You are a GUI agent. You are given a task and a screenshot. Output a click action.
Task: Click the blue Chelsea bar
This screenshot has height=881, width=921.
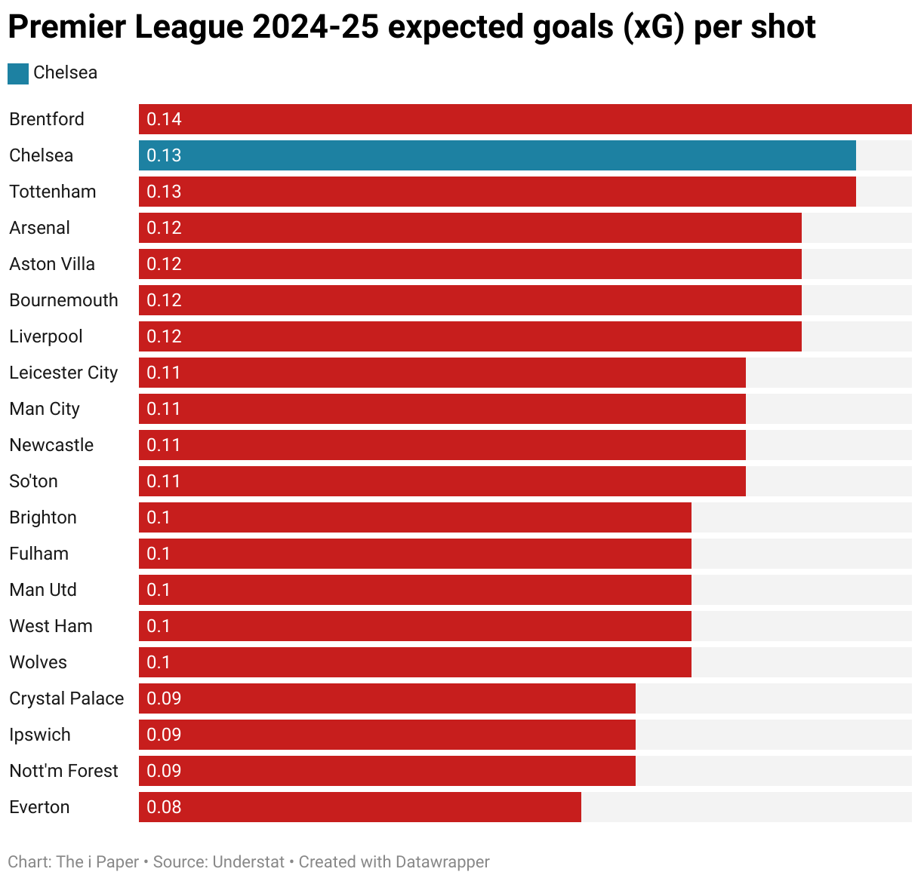[497, 155]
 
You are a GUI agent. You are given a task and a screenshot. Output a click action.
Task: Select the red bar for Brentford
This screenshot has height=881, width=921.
[525, 119]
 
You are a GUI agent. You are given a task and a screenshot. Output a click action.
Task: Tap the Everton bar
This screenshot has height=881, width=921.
[359, 807]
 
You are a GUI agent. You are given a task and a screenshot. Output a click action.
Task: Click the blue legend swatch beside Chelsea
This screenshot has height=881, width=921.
[18, 73]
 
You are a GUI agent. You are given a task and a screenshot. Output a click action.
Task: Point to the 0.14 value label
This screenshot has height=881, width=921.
[164, 119]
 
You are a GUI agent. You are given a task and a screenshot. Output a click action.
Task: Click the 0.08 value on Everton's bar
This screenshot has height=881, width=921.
[164, 807]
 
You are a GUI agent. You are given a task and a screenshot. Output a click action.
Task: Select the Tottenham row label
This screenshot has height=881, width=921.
[53, 192]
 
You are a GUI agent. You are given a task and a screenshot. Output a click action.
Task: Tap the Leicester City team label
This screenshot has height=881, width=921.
[63, 373]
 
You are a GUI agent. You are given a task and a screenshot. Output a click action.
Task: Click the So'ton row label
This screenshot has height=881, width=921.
[33, 481]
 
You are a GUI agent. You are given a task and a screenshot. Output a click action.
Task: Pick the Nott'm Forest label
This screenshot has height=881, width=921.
[63, 771]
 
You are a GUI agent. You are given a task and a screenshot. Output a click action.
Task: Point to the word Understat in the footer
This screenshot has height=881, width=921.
[248, 861]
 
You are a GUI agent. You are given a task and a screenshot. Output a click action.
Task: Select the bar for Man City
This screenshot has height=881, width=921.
[442, 409]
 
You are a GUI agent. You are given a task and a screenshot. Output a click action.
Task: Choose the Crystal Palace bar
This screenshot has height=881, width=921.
[387, 698]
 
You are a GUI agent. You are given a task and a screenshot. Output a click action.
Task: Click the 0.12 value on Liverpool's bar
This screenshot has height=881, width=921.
[164, 336]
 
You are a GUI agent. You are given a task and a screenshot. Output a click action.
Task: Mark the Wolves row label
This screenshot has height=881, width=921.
[38, 662]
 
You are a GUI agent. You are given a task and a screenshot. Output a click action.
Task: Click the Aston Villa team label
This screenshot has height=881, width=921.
[52, 264]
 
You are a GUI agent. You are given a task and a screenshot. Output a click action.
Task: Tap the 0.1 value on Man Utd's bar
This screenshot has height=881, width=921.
[159, 590]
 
